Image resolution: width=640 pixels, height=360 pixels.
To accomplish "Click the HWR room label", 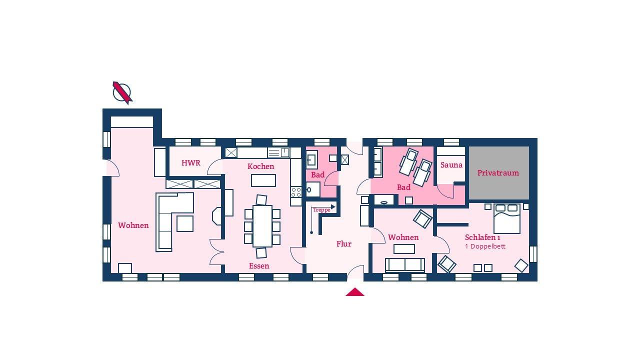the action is [190, 163].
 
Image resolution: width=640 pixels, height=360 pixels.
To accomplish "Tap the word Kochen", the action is [260, 166].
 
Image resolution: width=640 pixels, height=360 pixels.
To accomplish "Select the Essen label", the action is [259, 266].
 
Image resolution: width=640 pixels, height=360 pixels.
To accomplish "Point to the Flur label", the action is [343, 243].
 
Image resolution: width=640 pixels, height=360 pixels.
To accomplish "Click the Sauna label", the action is [451, 165].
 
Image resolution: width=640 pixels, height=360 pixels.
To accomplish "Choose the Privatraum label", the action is [498, 173].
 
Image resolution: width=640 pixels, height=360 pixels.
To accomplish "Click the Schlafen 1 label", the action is [482, 237].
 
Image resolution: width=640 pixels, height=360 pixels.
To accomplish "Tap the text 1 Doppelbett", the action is [485, 246].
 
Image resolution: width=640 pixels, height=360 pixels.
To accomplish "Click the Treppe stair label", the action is [321, 210].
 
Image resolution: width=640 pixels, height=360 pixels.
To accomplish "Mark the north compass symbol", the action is [122, 92].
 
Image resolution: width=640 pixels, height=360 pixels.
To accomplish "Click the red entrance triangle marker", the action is [355, 292].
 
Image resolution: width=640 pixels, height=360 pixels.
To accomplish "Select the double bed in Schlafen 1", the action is [507, 218].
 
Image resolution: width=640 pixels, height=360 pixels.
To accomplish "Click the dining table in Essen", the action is [262, 226].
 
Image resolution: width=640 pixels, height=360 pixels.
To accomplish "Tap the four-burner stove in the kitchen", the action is [296, 192].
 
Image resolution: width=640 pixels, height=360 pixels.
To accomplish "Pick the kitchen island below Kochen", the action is [263, 180].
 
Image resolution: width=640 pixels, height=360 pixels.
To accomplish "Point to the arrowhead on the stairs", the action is [333, 206].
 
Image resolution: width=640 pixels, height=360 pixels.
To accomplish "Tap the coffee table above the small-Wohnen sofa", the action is [404, 249].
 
